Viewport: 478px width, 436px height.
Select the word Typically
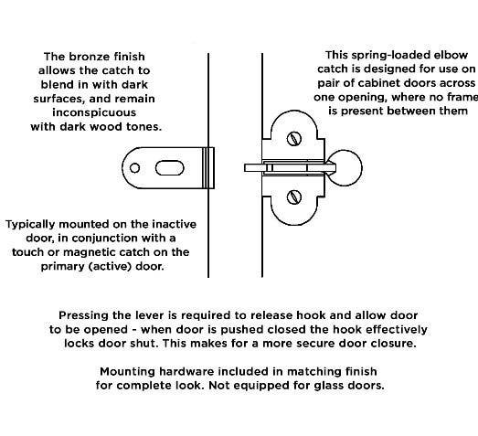coord(37,224)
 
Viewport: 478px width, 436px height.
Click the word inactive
coord(168,224)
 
